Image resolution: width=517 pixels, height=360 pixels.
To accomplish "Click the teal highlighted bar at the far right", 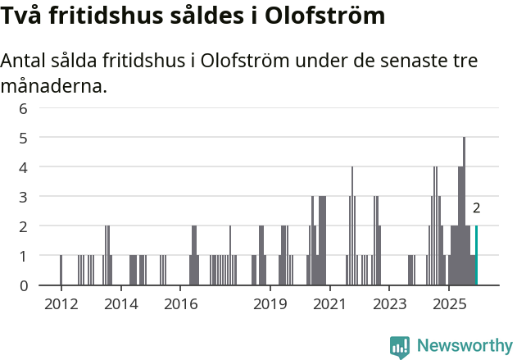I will point(476,255).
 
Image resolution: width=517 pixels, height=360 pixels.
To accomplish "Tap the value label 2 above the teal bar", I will point(476,209).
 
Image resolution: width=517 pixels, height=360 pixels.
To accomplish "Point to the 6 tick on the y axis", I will point(23,108).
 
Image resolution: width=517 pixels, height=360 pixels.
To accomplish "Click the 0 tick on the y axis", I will point(23,285).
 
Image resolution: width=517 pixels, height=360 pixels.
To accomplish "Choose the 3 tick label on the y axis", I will point(23,197).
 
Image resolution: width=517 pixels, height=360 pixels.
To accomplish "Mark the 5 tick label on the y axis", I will point(23,138).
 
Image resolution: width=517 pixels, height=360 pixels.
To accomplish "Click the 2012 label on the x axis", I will point(61,304).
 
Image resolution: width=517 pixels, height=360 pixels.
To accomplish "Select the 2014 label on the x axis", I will point(121,304).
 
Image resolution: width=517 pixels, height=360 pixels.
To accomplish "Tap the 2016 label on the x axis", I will point(181,304).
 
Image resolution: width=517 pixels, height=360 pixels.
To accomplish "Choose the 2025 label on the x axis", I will point(449,304).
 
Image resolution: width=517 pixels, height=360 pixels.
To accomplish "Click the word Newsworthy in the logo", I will point(464,346).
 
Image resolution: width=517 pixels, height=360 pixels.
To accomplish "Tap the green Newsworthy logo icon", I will point(400,347).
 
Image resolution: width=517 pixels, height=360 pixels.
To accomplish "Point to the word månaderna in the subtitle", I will point(53,84).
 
